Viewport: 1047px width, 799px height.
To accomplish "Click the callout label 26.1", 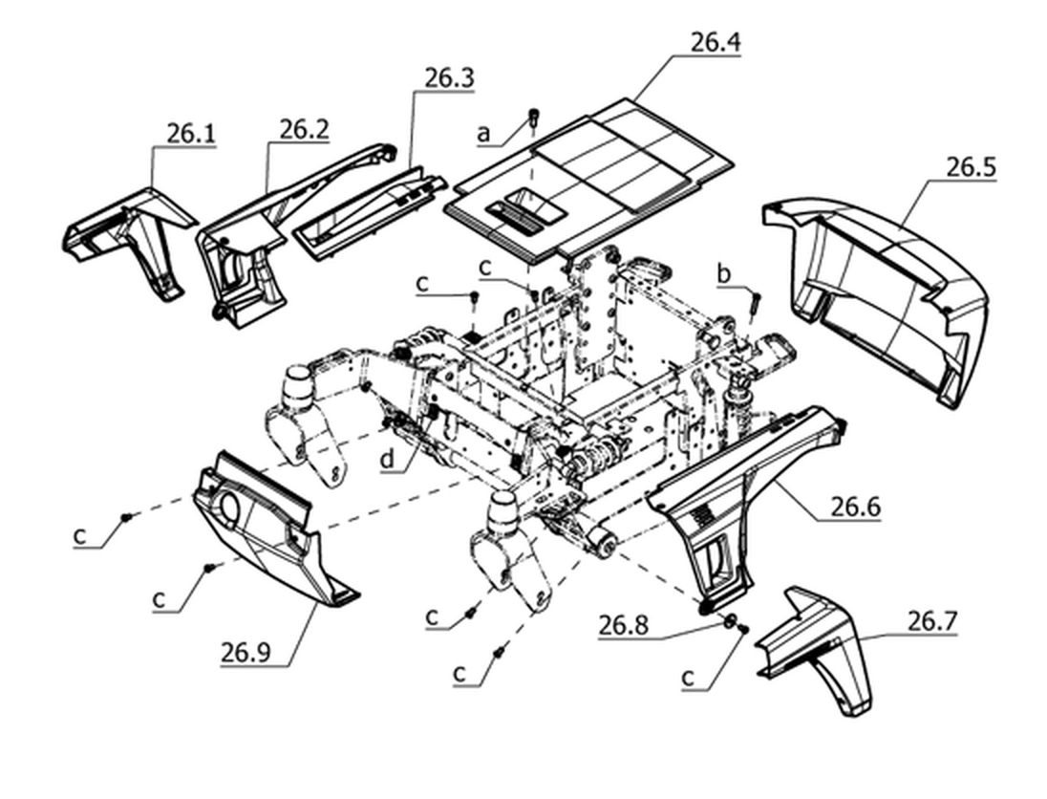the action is [191, 134].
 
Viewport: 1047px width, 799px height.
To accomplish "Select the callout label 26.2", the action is [304, 129].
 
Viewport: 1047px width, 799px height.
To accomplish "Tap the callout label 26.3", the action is [449, 78].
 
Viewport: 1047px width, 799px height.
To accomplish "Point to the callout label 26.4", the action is [716, 43].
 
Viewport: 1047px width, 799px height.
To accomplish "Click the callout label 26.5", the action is [971, 167].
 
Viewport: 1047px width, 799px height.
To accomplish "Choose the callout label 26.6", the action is [855, 507].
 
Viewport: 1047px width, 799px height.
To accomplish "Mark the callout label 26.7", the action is [932, 622].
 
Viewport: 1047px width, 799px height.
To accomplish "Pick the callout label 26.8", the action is [623, 626].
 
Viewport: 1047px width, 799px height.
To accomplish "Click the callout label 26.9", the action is [246, 652].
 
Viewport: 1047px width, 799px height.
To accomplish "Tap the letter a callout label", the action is [483, 134].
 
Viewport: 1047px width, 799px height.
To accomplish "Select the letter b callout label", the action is [724, 273].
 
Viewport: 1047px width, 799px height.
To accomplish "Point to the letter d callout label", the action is [388, 460].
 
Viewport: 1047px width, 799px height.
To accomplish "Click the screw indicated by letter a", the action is [533, 118].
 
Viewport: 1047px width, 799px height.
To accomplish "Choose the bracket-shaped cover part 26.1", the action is [130, 239].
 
